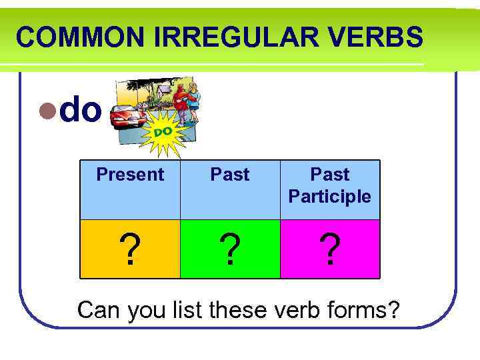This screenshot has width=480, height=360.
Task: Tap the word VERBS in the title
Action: coord(383,37)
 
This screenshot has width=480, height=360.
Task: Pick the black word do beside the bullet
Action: coord(81,110)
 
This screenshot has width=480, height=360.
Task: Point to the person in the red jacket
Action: coord(180,100)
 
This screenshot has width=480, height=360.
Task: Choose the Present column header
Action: coord(130,175)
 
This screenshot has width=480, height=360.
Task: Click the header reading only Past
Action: coord(230,175)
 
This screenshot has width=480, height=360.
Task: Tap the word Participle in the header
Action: coord(330,197)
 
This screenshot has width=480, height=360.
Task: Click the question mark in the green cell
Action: coord(230,250)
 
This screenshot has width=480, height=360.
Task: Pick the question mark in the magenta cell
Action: coord(330,250)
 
